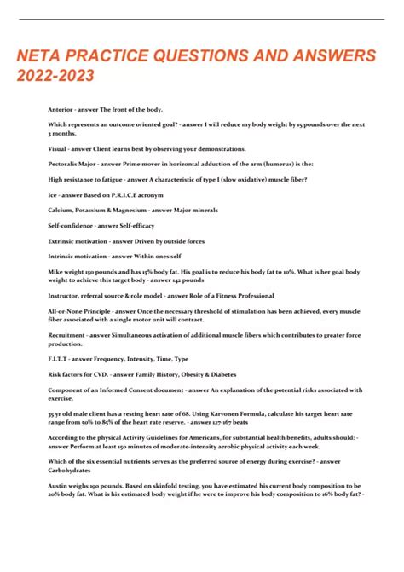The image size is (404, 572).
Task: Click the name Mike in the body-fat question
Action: [56, 269]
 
